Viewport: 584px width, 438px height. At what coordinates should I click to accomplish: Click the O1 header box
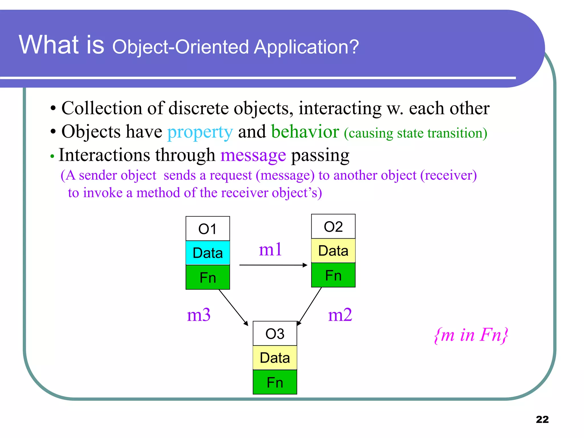point(208,229)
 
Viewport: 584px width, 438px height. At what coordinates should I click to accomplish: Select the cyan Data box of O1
point(208,253)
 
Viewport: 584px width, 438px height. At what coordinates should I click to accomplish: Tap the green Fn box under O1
point(208,277)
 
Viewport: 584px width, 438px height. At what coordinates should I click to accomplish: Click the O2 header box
point(333,227)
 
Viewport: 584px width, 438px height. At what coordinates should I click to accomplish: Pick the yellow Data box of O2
point(333,251)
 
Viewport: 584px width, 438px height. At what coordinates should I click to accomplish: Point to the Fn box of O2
point(333,275)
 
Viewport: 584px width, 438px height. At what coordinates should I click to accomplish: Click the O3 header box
point(275,334)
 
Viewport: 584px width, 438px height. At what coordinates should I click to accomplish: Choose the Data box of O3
point(275,358)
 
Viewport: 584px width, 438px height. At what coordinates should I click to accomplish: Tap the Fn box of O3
point(275,382)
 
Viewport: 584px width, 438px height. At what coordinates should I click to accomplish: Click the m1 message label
point(270,249)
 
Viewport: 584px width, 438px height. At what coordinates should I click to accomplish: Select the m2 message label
point(340,315)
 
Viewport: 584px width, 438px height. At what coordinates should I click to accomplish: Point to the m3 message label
point(199,315)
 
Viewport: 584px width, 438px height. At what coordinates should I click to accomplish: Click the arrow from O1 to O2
point(273,265)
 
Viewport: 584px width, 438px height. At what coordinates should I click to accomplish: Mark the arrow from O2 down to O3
point(310,306)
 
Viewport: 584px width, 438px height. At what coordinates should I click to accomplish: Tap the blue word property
point(200,132)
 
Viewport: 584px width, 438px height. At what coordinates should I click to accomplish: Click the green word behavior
point(305,132)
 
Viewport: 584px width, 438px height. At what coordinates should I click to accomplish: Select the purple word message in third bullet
point(253,156)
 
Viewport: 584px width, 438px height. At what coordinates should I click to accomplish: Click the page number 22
point(542,419)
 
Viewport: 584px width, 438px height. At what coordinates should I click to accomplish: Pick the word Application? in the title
point(306,47)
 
